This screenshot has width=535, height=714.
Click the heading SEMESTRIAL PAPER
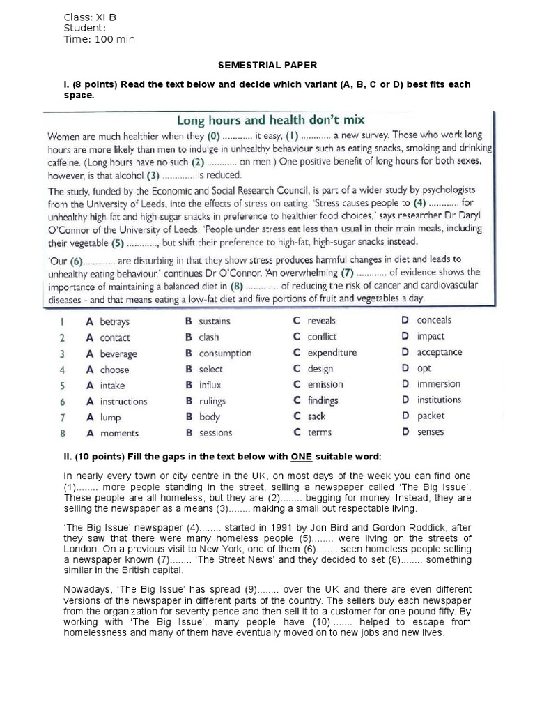tap(267, 65)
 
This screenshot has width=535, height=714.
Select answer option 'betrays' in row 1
tap(114, 322)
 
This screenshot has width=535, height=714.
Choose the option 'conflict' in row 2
tap(322, 337)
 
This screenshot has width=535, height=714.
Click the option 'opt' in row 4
tap(424, 368)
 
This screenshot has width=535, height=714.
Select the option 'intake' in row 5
tap(112, 386)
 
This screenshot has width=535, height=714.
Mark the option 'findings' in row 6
tap(323, 401)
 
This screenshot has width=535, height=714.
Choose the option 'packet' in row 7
tap(431, 416)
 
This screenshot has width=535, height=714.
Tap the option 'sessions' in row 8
tap(215, 433)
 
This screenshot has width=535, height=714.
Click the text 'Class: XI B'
tap(91, 17)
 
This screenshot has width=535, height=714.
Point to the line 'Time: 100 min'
tap(99, 39)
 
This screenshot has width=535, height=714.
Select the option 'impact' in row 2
tap(431, 336)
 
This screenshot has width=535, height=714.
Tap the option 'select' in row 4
tap(210, 370)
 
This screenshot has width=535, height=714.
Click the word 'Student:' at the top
tap(84, 28)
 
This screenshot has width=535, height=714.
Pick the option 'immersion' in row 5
tap(438, 384)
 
